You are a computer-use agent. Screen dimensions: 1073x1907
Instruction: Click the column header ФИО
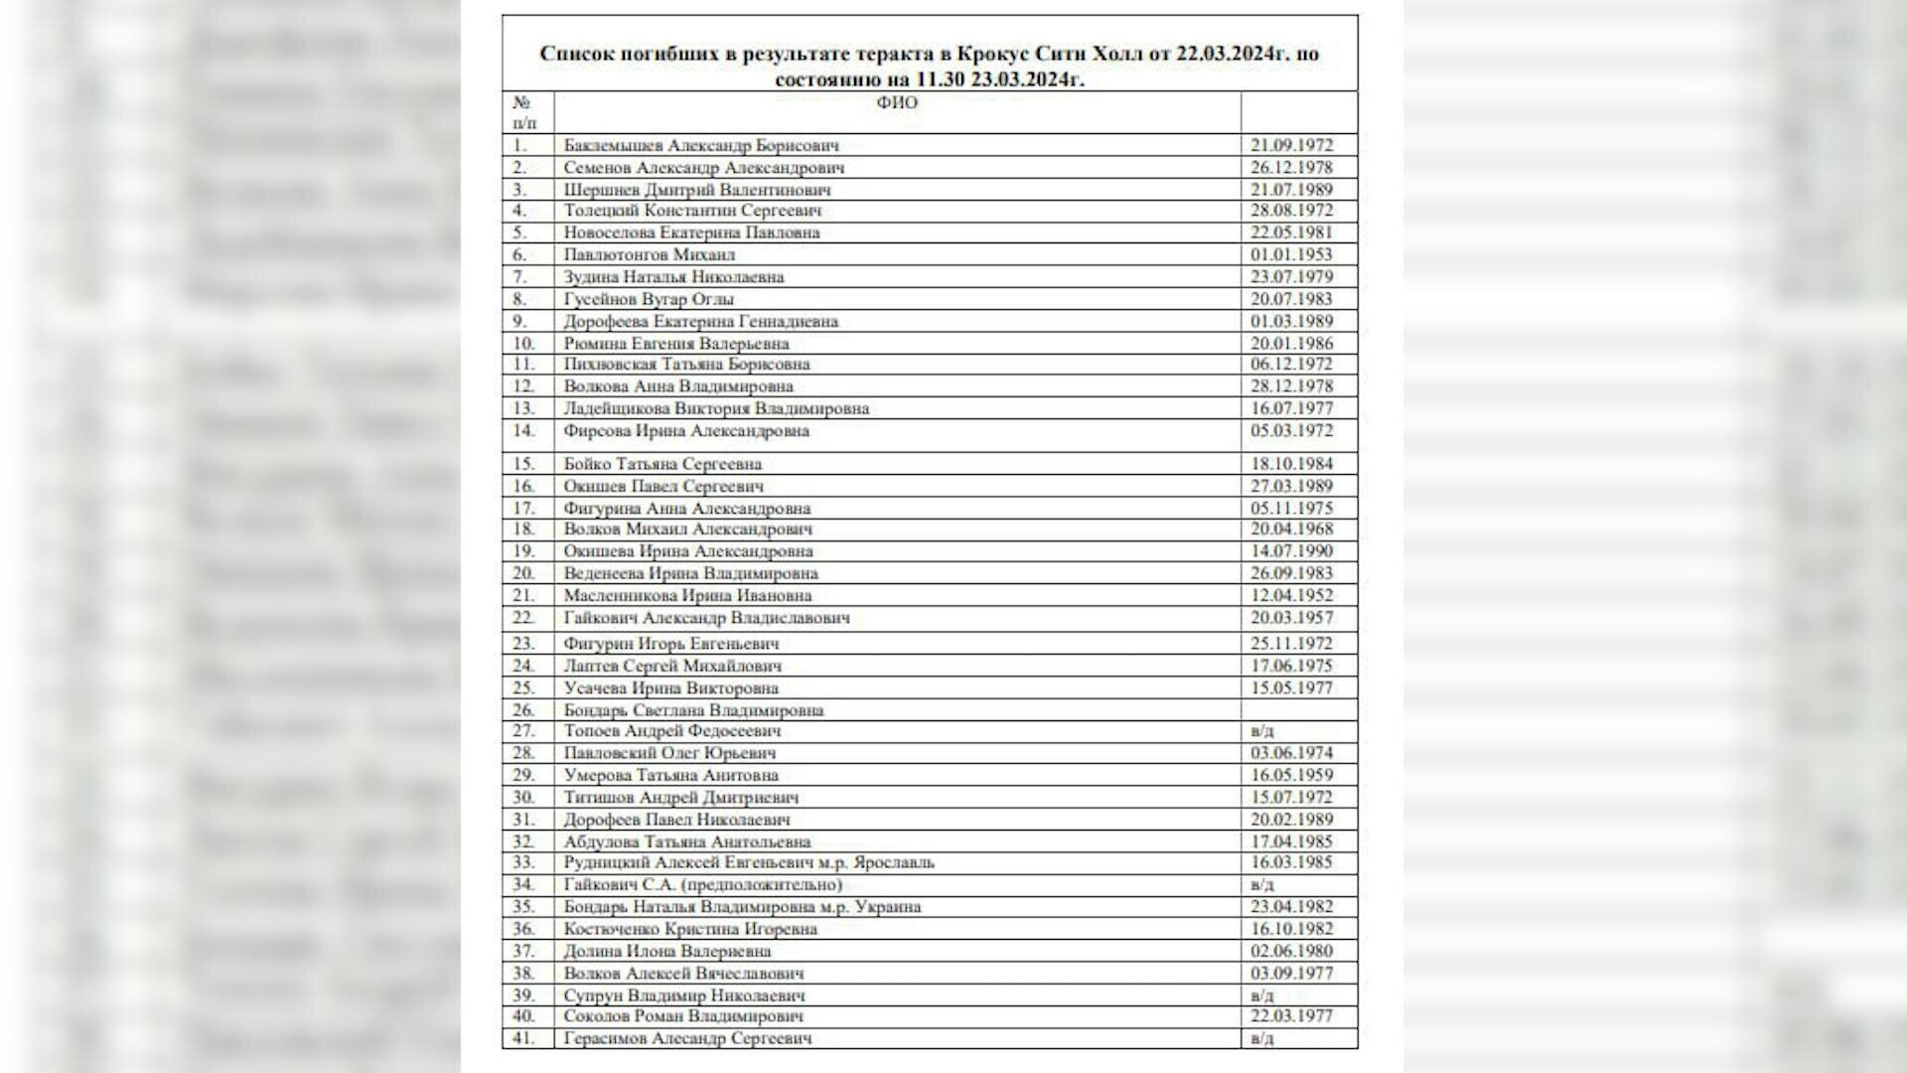897,103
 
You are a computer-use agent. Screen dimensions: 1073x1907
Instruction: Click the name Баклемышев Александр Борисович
701,145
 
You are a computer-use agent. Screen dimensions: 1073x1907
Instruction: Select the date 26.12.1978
1291,167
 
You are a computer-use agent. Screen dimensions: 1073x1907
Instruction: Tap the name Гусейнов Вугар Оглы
649,299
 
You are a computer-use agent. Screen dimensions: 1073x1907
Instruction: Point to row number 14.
523,431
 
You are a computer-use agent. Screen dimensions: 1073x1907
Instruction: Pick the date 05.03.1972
1291,431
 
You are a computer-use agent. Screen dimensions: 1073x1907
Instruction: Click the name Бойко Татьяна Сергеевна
662,464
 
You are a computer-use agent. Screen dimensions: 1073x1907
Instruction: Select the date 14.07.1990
1291,551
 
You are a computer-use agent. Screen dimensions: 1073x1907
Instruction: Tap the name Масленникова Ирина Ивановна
687,596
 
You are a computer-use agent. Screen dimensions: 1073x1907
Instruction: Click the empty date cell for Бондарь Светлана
1298,710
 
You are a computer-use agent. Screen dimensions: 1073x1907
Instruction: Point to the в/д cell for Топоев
1262,731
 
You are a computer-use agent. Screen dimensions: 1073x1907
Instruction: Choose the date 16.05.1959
1291,775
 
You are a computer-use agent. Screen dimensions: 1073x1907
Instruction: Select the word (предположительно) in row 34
766,884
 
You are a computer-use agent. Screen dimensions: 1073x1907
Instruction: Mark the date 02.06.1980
1291,951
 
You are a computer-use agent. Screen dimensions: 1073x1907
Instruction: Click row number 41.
523,1038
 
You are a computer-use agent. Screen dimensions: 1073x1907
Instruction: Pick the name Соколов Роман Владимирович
683,1016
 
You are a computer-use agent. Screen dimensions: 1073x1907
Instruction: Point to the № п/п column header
523,112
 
